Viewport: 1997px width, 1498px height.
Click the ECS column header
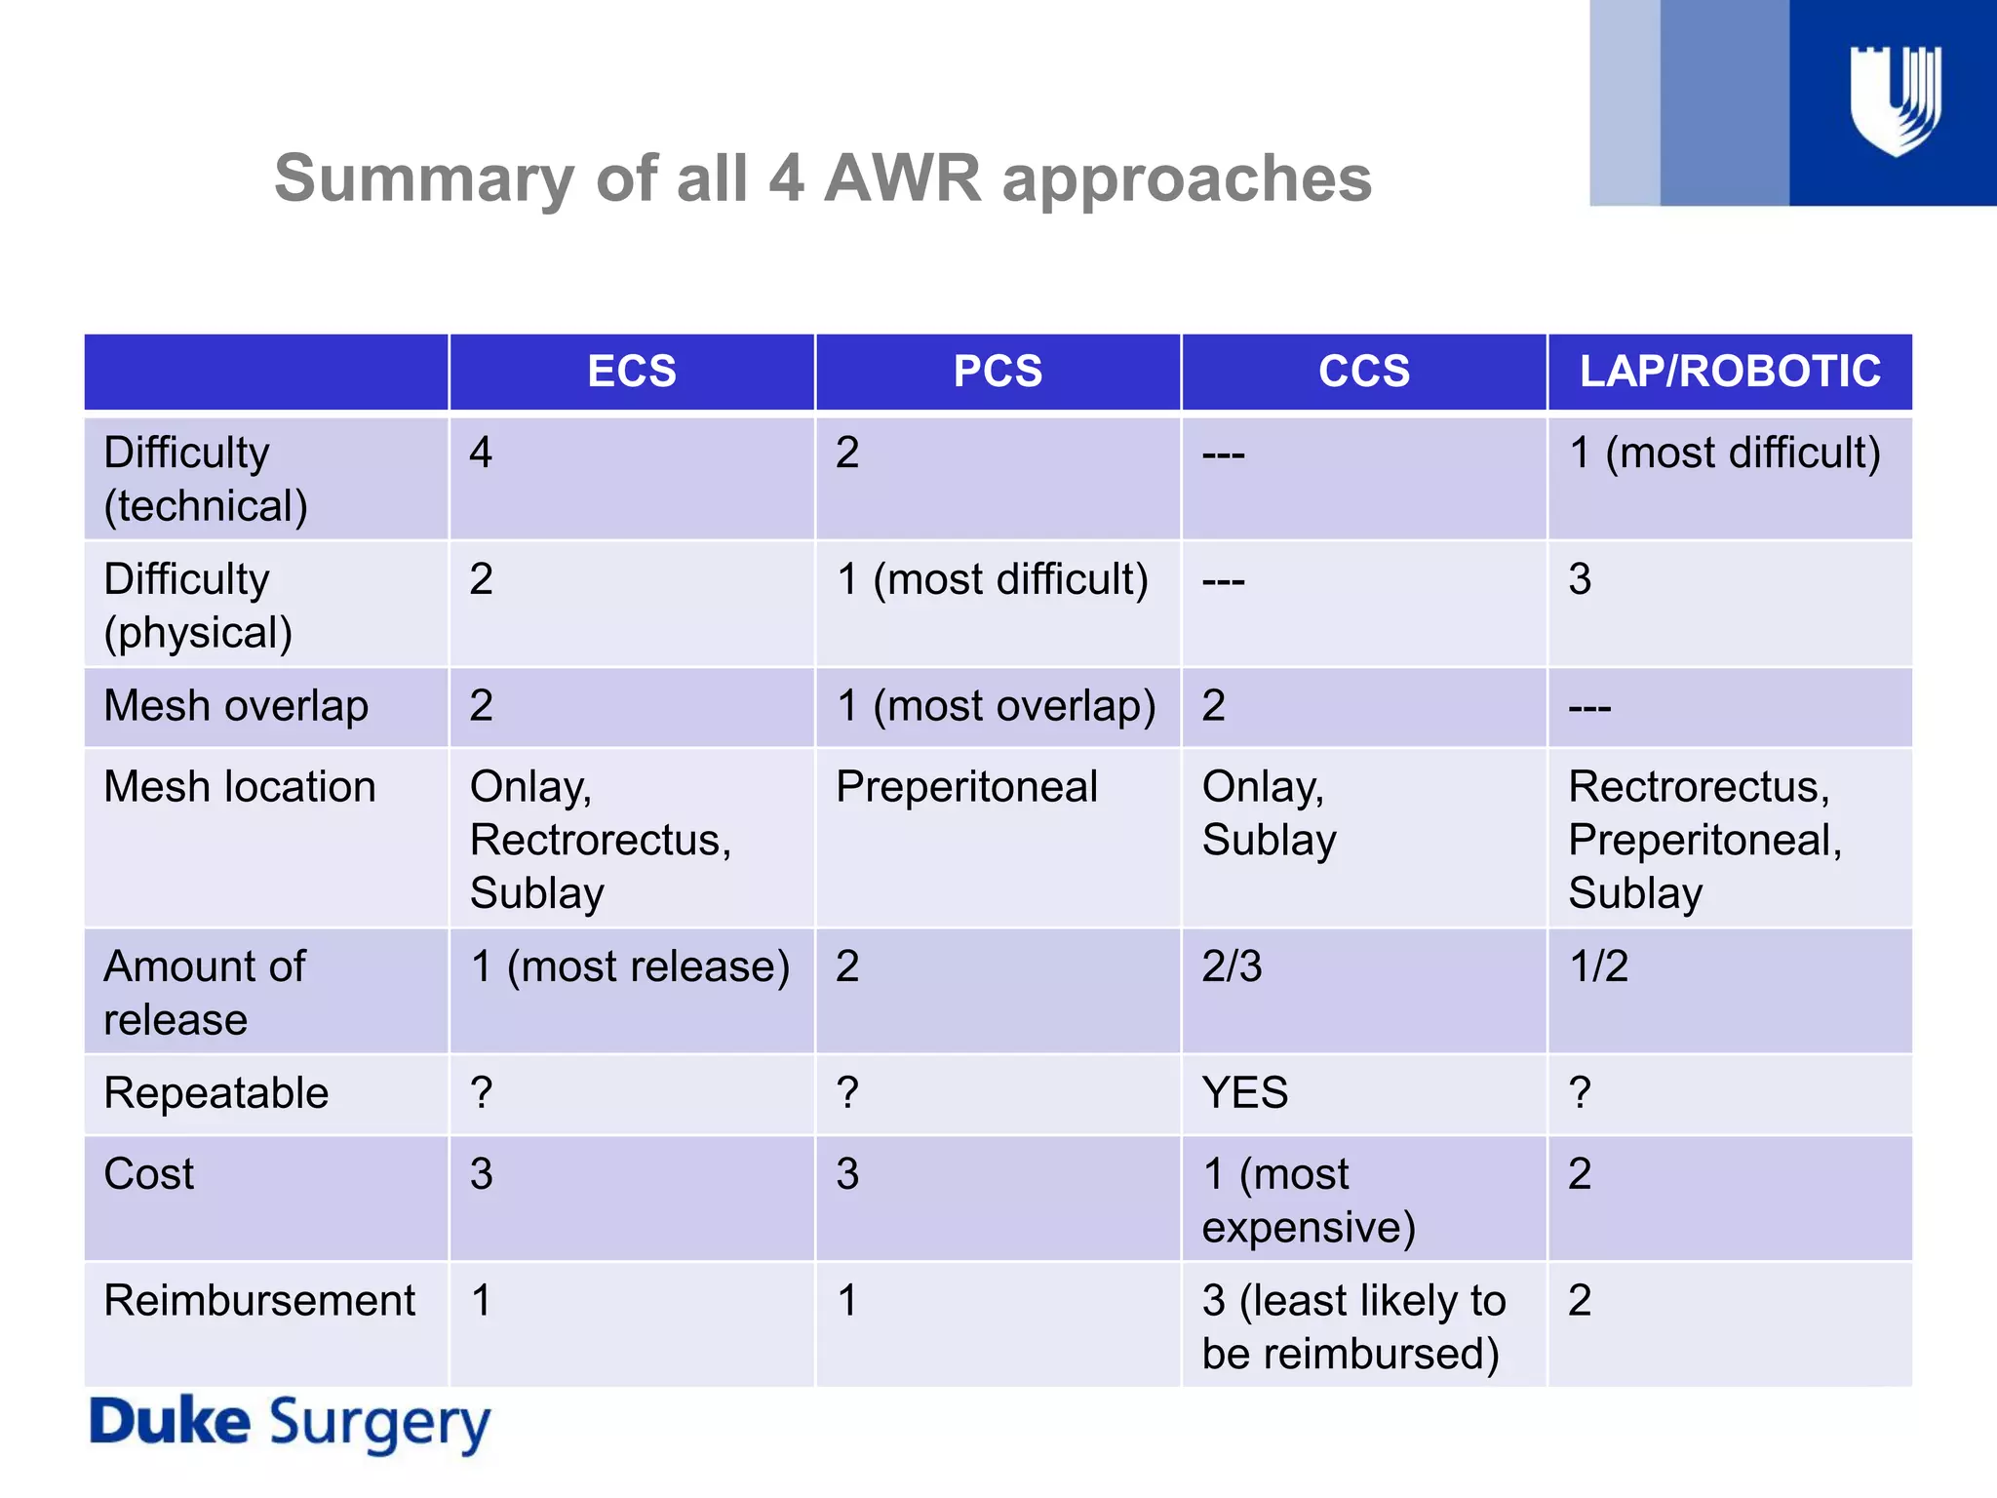(x=632, y=372)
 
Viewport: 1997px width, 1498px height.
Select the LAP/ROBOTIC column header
(x=1730, y=372)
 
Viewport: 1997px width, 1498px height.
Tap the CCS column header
(x=1364, y=372)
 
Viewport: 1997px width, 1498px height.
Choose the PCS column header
(x=998, y=372)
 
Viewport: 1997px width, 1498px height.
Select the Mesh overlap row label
(x=236, y=706)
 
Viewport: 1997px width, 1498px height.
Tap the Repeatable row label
(x=216, y=1093)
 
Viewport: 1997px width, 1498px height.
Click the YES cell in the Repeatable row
(x=1245, y=1093)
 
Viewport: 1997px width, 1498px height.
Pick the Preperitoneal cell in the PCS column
(x=966, y=787)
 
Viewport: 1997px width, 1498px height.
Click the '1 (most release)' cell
(x=630, y=966)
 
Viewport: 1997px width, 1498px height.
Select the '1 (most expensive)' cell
(x=1309, y=1200)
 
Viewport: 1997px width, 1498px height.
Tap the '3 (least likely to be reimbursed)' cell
(x=1353, y=1326)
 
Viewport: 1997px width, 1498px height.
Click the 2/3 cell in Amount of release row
(x=1232, y=966)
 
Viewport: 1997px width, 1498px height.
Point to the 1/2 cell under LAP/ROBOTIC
(x=1598, y=966)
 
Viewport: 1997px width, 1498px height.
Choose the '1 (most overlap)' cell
(x=996, y=706)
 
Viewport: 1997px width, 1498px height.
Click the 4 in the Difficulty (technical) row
(x=481, y=453)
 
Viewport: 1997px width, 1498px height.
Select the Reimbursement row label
(x=259, y=1301)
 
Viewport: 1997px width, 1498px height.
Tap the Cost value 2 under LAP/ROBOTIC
(x=1580, y=1174)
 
